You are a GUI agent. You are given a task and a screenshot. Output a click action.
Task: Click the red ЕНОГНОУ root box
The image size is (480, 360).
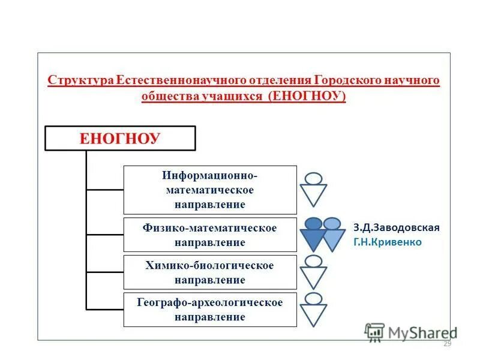[x=121, y=138]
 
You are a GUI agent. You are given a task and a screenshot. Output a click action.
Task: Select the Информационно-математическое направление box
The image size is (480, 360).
[x=210, y=190]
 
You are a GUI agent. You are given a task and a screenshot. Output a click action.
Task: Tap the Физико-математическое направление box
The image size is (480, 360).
[x=210, y=235]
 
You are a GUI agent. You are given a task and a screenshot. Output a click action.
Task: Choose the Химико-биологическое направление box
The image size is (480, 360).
[x=210, y=272]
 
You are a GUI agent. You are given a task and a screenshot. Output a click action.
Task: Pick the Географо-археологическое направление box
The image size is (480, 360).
[x=210, y=310]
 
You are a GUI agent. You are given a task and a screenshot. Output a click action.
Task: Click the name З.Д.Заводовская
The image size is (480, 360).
[x=397, y=228]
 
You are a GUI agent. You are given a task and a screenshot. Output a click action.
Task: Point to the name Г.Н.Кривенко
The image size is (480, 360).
[x=388, y=242]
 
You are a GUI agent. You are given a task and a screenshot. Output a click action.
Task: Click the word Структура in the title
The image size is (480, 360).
[x=80, y=81]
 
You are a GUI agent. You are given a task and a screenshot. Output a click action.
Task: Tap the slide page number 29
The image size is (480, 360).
[x=446, y=344]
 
